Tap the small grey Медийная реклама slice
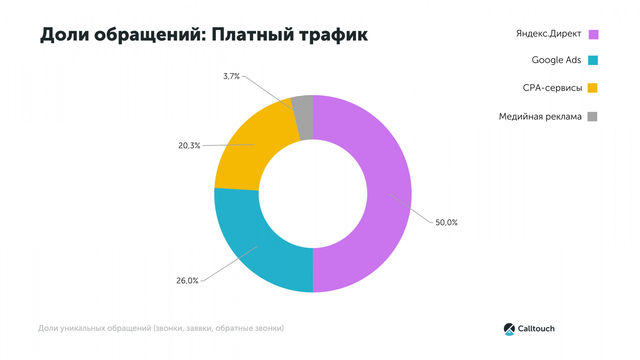pos(304,118)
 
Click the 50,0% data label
pos(446,222)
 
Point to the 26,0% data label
pos(187,281)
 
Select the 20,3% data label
pos(189,146)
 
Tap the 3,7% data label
pos(231,76)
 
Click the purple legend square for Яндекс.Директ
pos(593,34)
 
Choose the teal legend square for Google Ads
pos(593,60)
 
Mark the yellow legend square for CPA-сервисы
pos(592,88)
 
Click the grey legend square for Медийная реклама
pos(592,116)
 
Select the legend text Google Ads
pos(556,60)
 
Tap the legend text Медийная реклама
pos(540,117)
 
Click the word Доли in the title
pos(64,35)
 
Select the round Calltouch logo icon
pos(509,329)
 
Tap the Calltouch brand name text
pos(536,329)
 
